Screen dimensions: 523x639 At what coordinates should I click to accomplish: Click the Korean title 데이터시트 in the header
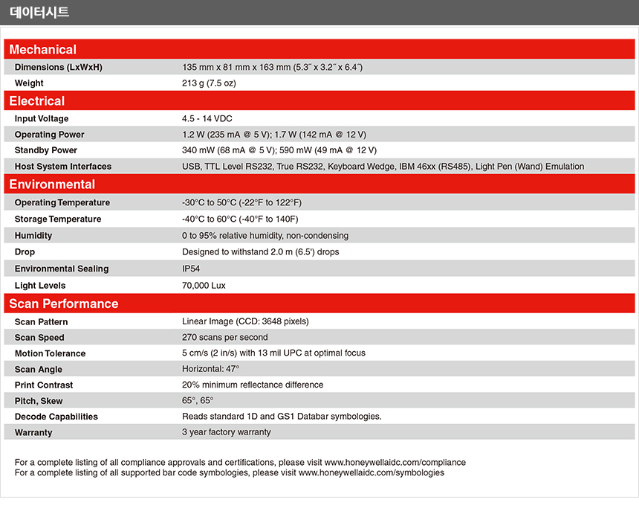click(x=39, y=12)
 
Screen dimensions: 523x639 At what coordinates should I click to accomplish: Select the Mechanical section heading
click(x=42, y=50)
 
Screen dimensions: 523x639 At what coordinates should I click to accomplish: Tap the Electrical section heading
click(x=37, y=101)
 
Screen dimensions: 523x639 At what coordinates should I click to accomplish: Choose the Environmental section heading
click(x=52, y=185)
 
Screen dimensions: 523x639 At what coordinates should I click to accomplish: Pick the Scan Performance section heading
click(x=64, y=304)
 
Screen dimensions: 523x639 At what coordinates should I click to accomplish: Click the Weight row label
click(x=29, y=83)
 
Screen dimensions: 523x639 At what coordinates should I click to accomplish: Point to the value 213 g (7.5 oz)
click(x=209, y=83)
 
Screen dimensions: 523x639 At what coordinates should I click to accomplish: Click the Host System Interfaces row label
click(x=63, y=167)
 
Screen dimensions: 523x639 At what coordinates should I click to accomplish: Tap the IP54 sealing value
click(x=191, y=269)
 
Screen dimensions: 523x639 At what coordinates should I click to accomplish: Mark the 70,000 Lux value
click(x=204, y=286)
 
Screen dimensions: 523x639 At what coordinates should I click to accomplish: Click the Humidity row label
click(x=33, y=236)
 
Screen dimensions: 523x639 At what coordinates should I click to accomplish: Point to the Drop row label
click(x=25, y=252)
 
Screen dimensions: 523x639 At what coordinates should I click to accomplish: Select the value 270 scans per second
click(x=225, y=338)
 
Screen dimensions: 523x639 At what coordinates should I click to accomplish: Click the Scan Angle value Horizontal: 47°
click(x=210, y=369)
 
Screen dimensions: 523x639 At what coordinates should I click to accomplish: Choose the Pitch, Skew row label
click(x=39, y=401)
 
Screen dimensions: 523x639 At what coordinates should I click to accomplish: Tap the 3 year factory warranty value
click(x=226, y=432)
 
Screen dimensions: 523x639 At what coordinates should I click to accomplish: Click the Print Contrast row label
click(x=44, y=385)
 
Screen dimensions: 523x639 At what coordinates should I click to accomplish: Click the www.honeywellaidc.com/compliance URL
click(x=395, y=463)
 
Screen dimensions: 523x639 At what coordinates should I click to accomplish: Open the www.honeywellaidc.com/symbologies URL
click(x=372, y=472)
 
